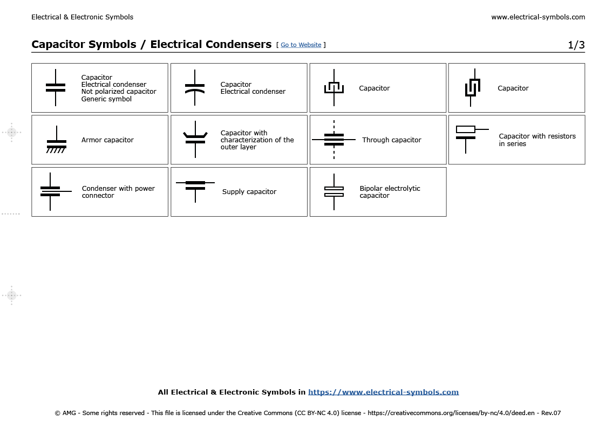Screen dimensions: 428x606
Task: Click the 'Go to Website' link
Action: pyautogui.click(x=301, y=45)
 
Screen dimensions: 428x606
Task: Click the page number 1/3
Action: pyautogui.click(x=576, y=45)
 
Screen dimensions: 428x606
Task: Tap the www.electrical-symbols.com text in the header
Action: pyautogui.click(x=537, y=17)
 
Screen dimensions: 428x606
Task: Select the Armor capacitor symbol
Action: pyautogui.click(x=56, y=142)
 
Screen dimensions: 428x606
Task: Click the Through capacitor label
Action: pyautogui.click(x=391, y=140)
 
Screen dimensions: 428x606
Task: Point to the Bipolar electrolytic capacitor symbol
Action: pyautogui.click(x=334, y=191)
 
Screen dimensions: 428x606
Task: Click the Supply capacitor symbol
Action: pyautogui.click(x=195, y=186)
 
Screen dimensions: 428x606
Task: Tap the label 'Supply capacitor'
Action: pyautogui.click(x=249, y=192)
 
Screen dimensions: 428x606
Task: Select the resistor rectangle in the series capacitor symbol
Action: pyautogui.click(x=465, y=129)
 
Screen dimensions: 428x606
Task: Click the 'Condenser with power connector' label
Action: pyautogui.click(x=118, y=192)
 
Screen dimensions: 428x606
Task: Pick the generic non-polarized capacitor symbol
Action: pyautogui.click(x=56, y=87)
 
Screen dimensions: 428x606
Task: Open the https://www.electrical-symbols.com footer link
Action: pyautogui.click(x=383, y=392)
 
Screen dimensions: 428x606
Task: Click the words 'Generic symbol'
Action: pyautogui.click(x=106, y=99)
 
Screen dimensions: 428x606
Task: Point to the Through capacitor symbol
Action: pyautogui.click(x=334, y=140)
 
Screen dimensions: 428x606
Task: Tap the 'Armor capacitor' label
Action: pyautogui.click(x=107, y=140)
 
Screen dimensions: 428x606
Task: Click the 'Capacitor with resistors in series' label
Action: pyautogui.click(x=537, y=140)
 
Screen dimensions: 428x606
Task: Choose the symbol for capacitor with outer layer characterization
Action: pyautogui.click(x=195, y=139)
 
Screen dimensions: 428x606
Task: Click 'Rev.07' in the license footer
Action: pyautogui.click(x=550, y=413)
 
